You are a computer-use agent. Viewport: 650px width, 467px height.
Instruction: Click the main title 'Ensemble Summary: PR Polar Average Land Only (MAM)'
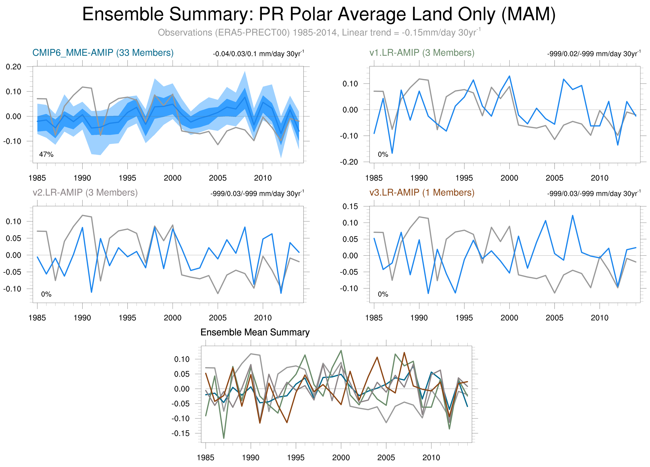point(319,14)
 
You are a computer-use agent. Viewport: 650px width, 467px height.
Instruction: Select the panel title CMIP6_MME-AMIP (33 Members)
point(103,53)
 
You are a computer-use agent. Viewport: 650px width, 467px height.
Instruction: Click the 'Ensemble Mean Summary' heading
point(255,332)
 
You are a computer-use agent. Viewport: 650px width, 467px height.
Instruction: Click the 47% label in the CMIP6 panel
point(46,155)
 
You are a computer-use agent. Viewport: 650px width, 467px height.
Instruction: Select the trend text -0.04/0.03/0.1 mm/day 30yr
point(258,54)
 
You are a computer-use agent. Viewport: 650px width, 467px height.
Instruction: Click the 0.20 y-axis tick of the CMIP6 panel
point(13,67)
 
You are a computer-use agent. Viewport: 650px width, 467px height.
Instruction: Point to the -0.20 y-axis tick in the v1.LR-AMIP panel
point(349,162)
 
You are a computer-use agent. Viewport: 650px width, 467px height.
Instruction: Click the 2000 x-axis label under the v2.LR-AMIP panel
point(173,318)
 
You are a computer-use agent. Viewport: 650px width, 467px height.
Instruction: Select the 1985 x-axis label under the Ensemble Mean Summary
point(206,458)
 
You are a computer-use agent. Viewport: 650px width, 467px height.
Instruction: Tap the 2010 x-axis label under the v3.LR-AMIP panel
point(600,318)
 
